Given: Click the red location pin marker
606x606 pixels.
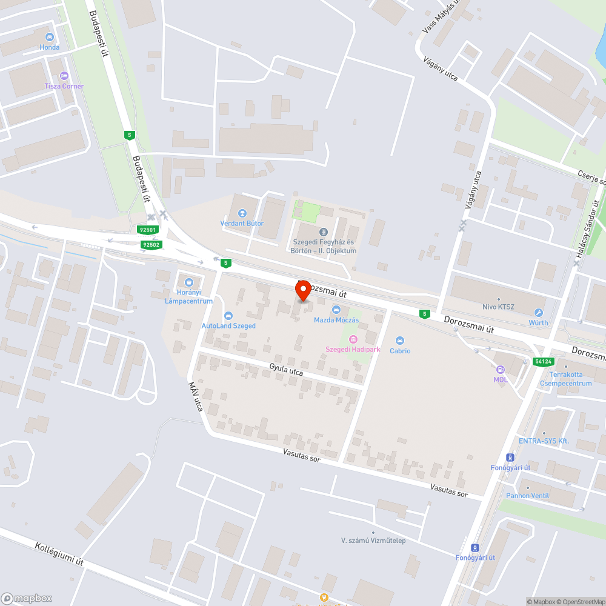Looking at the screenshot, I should click(x=302, y=290).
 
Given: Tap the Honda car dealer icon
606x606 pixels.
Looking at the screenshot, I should click(x=50, y=37).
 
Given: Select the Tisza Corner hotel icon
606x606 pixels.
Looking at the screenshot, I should click(x=64, y=76).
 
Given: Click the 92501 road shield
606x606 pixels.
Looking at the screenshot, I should click(x=148, y=230).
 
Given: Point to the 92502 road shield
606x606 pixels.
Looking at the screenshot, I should click(x=151, y=244).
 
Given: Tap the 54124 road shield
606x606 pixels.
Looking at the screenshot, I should click(x=543, y=362).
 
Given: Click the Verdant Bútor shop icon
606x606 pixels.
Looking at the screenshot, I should click(x=242, y=213).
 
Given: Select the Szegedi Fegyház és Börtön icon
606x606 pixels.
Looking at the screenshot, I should click(x=323, y=232).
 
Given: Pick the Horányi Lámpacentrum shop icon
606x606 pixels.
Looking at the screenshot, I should click(x=188, y=282).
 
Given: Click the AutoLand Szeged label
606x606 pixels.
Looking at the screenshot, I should click(x=228, y=325).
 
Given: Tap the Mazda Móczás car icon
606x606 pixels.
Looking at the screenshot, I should click(x=336, y=310).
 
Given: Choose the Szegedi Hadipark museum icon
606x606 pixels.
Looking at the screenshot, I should click(x=353, y=339).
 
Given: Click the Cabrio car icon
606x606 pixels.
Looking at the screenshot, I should click(x=400, y=341).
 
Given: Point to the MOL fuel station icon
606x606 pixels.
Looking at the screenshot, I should click(x=501, y=370).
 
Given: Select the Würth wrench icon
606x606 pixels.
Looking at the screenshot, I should click(x=538, y=313).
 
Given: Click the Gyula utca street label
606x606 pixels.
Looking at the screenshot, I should click(x=286, y=370).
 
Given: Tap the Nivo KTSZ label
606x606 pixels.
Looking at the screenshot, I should click(x=498, y=307).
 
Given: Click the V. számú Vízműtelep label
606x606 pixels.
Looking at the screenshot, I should click(x=373, y=540).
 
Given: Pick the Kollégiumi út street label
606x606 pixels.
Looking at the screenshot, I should click(x=59, y=553).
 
